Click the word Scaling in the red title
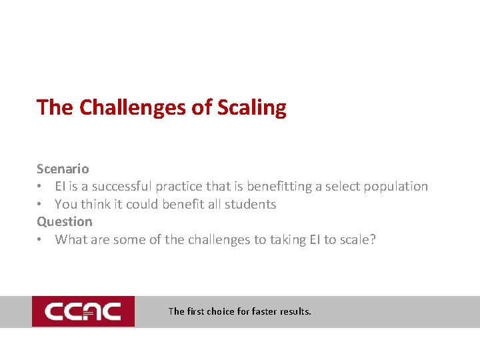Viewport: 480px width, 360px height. pyautogui.click(x=251, y=107)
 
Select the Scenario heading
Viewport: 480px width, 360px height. pyautogui.click(x=63, y=169)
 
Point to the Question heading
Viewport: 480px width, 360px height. pyautogui.click(x=65, y=221)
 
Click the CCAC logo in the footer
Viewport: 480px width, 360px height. pyautogui.click(x=83, y=311)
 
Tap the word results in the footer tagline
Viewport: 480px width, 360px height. pyautogui.click(x=296, y=311)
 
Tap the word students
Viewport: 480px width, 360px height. pyautogui.click(x=251, y=204)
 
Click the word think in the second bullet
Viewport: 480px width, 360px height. pyautogui.click(x=96, y=204)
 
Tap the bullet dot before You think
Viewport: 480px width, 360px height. pyautogui.click(x=41, y=205)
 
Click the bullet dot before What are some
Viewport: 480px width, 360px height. pyautogui.click(x=41, y=240)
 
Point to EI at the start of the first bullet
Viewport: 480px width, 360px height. pyautogui.click(x=60, y=187)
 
